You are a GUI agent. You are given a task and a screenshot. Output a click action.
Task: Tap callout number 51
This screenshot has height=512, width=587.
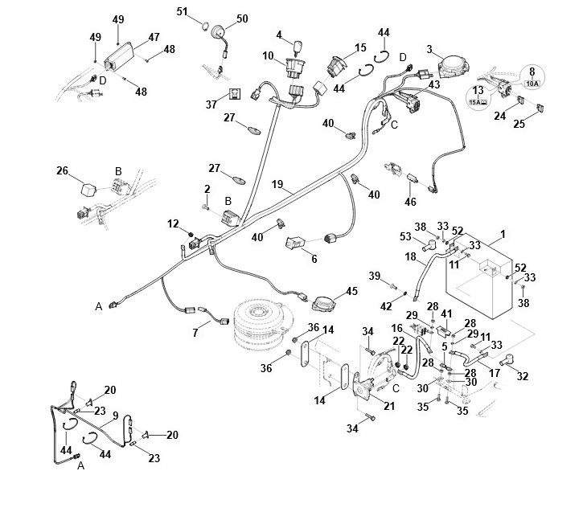[182, 12]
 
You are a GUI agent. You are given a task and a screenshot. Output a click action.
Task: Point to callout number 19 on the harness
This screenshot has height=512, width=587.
[277, 184]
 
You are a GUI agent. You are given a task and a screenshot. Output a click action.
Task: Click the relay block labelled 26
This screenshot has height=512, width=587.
[87, 186]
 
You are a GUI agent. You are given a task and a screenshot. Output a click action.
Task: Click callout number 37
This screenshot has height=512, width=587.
[212, 104]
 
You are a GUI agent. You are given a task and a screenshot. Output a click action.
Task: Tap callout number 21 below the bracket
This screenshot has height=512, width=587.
[389, 406]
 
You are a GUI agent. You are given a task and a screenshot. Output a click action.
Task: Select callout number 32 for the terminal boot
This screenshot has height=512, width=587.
[523, 375]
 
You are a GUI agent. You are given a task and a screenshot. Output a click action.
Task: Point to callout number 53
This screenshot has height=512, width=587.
[405, 237]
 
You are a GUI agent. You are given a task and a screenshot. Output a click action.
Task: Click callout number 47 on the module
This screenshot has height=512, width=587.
[154, 37]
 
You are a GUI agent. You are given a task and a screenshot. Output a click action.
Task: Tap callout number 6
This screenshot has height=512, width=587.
[314, 259]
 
